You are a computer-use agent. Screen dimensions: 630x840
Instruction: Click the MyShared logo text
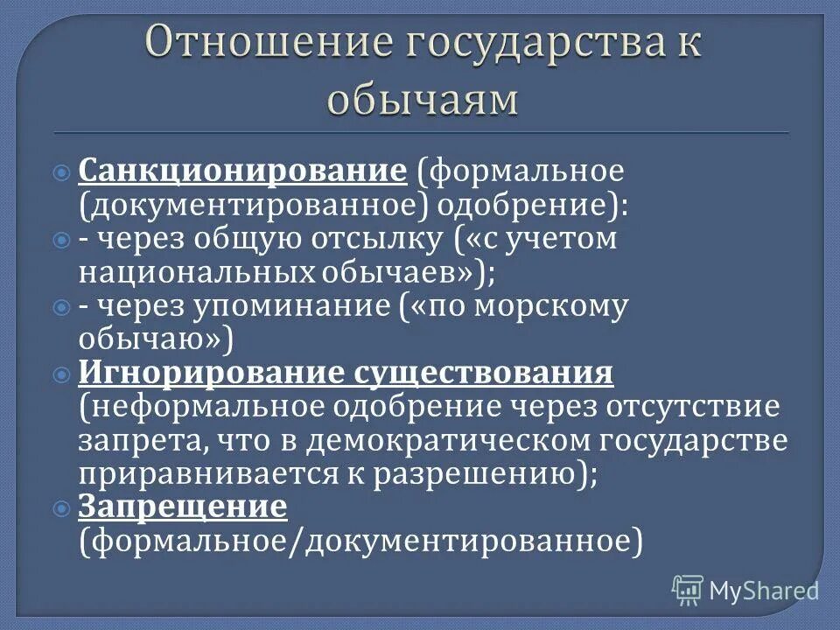[764, 590]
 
